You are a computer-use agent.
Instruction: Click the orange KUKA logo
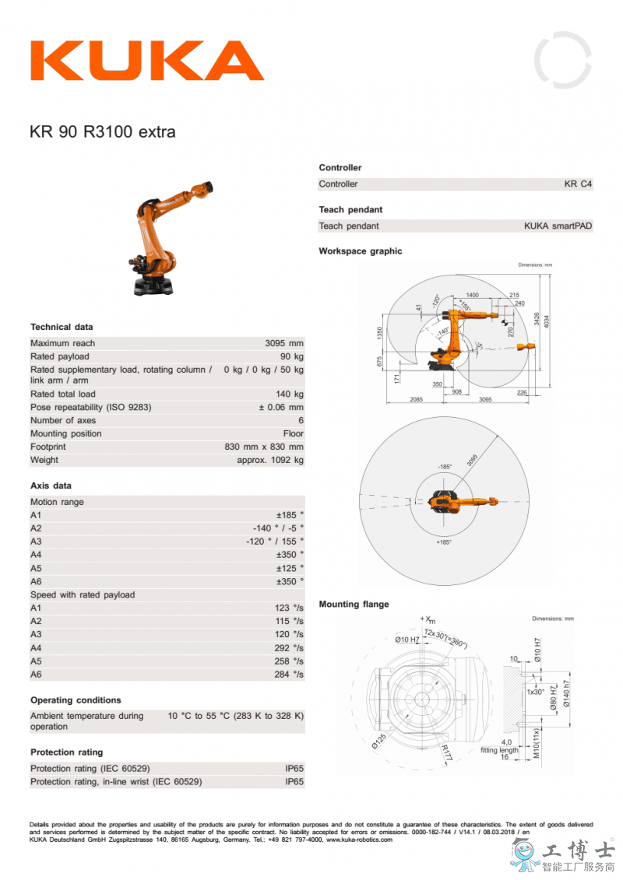pos(146,61)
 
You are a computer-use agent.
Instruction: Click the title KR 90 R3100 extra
pos(102,131)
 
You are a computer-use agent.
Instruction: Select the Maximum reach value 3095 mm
pos(284,343)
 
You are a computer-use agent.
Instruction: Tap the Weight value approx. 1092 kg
pos(270,460)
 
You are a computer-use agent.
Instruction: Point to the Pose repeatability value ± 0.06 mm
pos(281,407)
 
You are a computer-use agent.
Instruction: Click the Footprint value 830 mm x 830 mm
pos(264,447)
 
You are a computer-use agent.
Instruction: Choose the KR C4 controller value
pos(579,184)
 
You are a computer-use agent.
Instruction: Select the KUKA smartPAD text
pos(558,226)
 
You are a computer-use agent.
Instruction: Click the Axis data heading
pos(51,486)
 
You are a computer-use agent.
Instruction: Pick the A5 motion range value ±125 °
pos(290,568)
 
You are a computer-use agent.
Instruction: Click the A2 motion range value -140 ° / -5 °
pos(273,528)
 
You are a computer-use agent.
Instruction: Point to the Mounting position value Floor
pos(294,433)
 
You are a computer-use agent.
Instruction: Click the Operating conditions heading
pos(76,700)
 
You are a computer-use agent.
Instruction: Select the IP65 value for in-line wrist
pos(294,782)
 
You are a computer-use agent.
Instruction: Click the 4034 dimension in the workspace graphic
pos(547,321)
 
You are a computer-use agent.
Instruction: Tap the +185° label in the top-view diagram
pos(444,542)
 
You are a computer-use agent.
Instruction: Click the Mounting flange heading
pos(354,604)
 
